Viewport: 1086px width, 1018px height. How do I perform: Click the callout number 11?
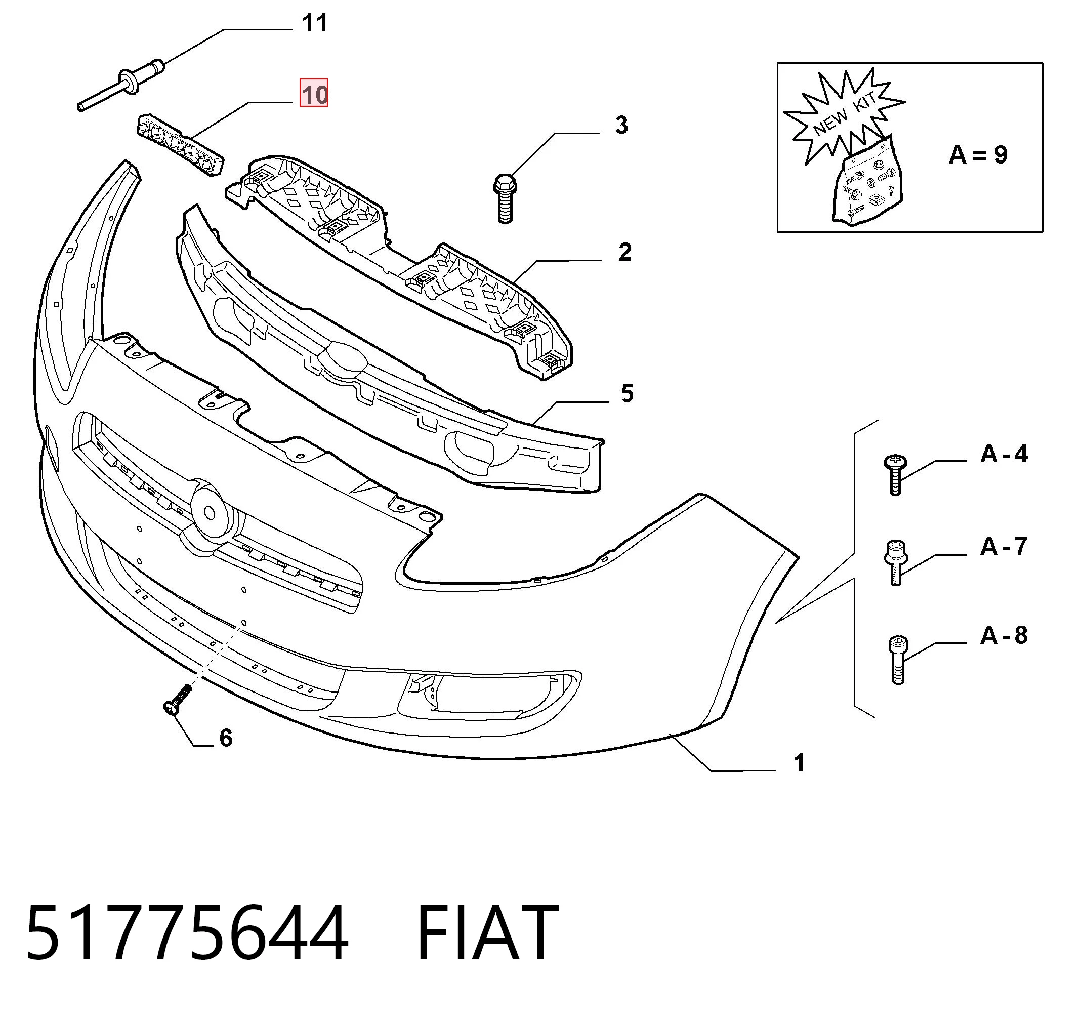tap(315, 23)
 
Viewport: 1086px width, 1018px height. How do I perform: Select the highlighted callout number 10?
tap(314, 93)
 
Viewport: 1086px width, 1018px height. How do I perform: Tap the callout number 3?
tap(621, 125)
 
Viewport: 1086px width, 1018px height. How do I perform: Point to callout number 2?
tap(625, 252)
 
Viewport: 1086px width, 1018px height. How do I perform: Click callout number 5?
tap(627, 393)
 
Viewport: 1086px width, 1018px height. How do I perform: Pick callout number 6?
tap(226, 738)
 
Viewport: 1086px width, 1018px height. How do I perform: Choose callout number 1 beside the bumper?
tap(799, 763)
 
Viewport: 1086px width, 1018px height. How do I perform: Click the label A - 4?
tap(1004, 454)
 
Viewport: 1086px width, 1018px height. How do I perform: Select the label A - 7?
tap(1004, 546)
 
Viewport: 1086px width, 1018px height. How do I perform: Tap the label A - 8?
tap(1004, 635)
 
